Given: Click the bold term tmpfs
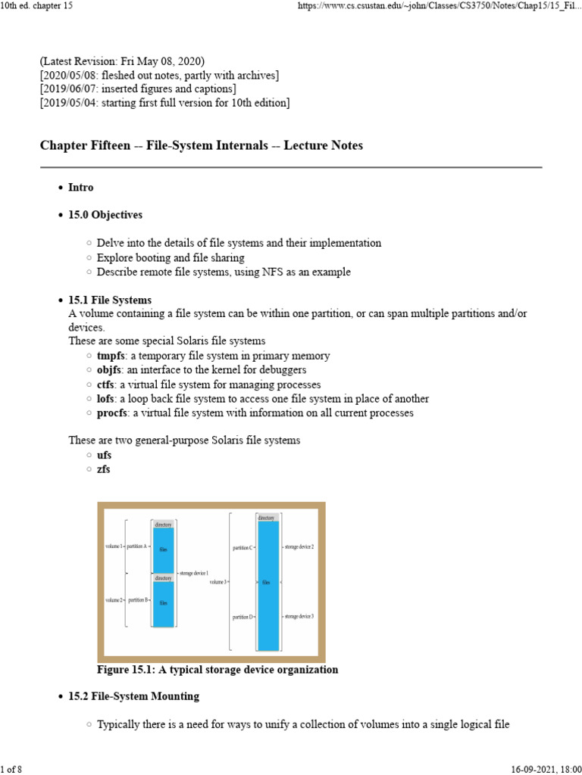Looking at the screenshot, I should click(x=111, y=356).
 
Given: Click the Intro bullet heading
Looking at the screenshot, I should click(x=81, y=187).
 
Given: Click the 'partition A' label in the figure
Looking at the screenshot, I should click(x=136, y=546).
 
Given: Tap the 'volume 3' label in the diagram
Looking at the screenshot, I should click(x=217, y=582).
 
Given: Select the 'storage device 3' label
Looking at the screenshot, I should click(x=299, y=617).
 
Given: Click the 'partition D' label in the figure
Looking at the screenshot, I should click(x=242, y=617).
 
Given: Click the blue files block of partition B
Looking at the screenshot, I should click(x=163, y=604).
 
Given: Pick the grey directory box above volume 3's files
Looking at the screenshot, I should click(x=267, y=518).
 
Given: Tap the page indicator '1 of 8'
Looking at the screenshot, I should click(x=12, y=770).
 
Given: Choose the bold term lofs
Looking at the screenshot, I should click(x=107, y=399).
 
